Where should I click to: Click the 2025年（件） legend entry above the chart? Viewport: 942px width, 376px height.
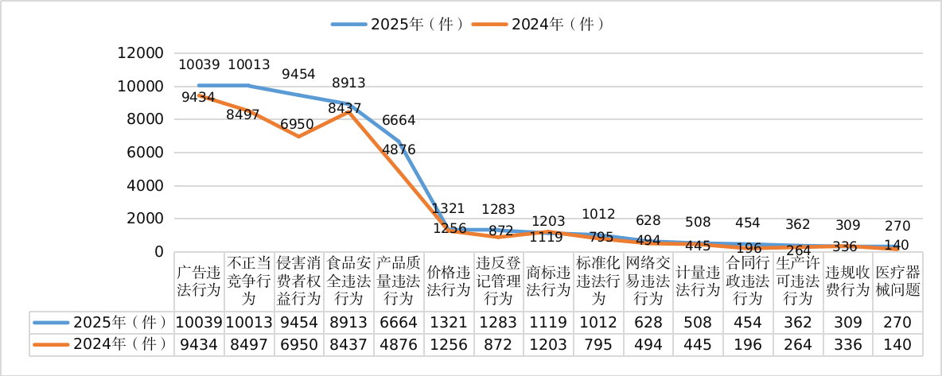tap(398, 24)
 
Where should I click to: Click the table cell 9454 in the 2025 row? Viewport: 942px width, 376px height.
tap(298, 322)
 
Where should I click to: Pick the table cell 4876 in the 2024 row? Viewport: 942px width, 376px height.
tap(399, 344)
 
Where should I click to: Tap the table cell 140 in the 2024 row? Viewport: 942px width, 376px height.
tap(898, 344)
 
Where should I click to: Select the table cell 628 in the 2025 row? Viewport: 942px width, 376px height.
tap(648, 322)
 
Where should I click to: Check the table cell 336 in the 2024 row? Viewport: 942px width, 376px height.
tap(848, 344)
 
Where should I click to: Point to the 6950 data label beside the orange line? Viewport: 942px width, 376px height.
tap(298, 124)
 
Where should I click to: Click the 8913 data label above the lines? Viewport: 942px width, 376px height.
tap(348, 83)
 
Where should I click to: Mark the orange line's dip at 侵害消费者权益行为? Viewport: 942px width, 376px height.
tap(298, 136)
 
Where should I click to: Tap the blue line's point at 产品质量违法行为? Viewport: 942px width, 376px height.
tap(399, 141)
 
